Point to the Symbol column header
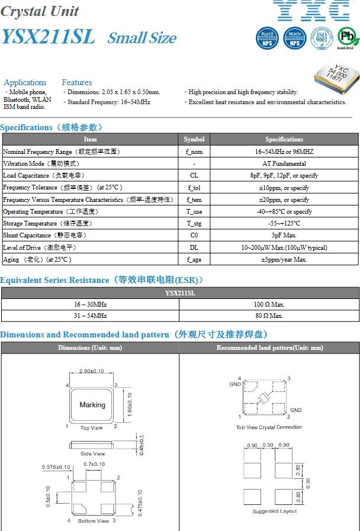pyautogui.click(x=194, y=139)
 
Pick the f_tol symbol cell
pyautogui.click(x=194, y=188)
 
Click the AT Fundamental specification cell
pyautogui.click(x=284, y=163)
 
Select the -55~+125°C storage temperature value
pyautogui.click(x=284, y=223)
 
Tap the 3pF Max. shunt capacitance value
pyautogui.click(x=284, y=236)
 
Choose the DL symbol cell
pyautogui.click(x=194, y=247)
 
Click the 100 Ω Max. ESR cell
pyautogui.click(x=269, y=304)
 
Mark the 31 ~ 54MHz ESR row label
pyautogui.click(x=91, y=316)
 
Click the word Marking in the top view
pyautogui.click(x=92, y=405)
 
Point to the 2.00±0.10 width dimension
pyautogui.click(x=91, y=371)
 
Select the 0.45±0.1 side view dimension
pyautogui.click(x=140, y=445)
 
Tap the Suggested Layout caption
pyautogui.click(x=275, y=511)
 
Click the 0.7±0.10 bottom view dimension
pyautogui.click(x=94, y=464)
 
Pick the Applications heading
pyautogui.click(x=25, y=82)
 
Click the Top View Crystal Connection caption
pyautogui.click(x=269, y=427)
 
